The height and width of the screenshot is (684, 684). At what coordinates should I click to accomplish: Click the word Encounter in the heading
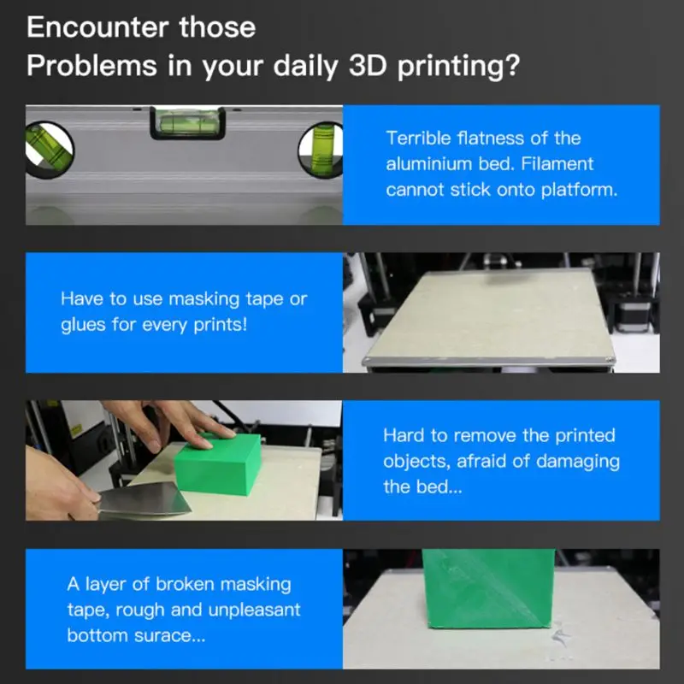[x=97, y=27]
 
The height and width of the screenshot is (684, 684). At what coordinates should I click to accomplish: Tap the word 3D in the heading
[x=368, y=66]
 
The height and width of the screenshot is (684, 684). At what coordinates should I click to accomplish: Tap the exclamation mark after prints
[x=244, y=325]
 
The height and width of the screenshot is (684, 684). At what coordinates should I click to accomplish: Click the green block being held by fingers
[x=218, y=463]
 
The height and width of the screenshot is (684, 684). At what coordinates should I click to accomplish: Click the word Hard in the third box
[x=404, y=435]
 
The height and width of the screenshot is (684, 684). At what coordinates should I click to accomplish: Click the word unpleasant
[x=254, y=610]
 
